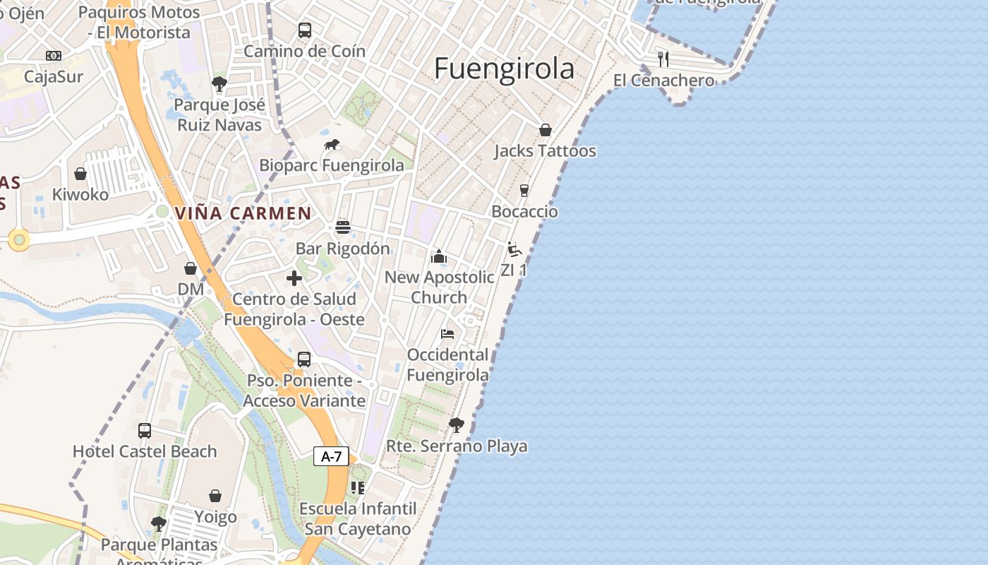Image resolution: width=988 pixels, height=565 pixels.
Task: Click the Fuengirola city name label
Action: tap(504, 69)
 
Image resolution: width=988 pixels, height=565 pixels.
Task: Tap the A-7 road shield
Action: tap(331, 456)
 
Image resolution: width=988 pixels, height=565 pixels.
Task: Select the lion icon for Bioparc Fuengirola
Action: tap(332, 145)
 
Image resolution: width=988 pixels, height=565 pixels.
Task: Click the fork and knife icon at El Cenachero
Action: tap(663, 59)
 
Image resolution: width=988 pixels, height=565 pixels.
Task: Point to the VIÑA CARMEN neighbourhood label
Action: tap(243, 213)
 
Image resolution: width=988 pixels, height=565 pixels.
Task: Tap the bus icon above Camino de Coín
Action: tap(304, 30)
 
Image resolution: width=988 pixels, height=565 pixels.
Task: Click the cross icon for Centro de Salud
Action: tap(294, 278)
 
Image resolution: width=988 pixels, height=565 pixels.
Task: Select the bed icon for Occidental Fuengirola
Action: tap(447, 333)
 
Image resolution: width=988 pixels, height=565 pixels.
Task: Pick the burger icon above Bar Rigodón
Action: tap(343, 227)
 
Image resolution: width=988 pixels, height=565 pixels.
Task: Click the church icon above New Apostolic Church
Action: tap(439, 256)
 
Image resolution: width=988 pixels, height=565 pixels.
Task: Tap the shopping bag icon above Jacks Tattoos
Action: tap(545, 130)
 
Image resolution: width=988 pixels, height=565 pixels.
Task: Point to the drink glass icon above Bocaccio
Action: tap(524, 190)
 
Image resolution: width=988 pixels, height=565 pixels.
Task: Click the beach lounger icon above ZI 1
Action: tap(514, 249)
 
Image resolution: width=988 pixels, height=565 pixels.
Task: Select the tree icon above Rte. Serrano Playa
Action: tap(457, 424)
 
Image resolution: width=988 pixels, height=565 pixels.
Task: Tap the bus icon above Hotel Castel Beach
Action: tap(145, 430)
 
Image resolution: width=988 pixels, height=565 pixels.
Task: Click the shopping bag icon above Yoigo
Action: tap(215, 496)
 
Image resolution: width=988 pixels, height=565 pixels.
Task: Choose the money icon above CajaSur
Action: tap(54, 56)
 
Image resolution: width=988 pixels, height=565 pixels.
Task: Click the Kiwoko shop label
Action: tap(80, 194)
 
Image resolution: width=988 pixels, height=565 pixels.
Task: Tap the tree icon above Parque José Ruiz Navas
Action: tap(219, 84)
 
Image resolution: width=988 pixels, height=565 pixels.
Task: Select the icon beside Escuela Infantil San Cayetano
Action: tap(358, 487)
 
